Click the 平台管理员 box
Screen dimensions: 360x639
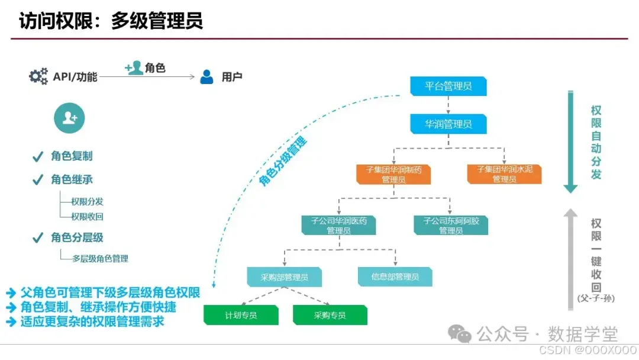pos(448,86)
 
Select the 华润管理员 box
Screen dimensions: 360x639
pos(448,124)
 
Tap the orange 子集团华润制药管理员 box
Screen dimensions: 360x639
pos(393,174)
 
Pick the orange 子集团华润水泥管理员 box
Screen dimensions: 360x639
pos(504,174)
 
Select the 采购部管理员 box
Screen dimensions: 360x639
pos(285,277)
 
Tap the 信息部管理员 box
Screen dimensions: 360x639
pos(395,277)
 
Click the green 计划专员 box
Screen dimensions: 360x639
pos(241,315)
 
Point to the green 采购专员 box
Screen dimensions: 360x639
pos(330,315)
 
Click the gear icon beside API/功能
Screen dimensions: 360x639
pos(38,76)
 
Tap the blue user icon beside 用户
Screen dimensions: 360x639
pos(206,77)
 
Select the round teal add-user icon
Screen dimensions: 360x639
pos(69,118)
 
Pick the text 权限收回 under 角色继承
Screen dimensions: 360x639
pos(87,217)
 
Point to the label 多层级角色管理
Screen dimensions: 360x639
pos(100,259)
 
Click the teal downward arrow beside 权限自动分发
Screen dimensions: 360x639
pos(570,142)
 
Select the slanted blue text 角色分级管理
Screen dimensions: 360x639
pos(284,162)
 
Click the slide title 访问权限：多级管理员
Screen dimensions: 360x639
pos(111,21)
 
